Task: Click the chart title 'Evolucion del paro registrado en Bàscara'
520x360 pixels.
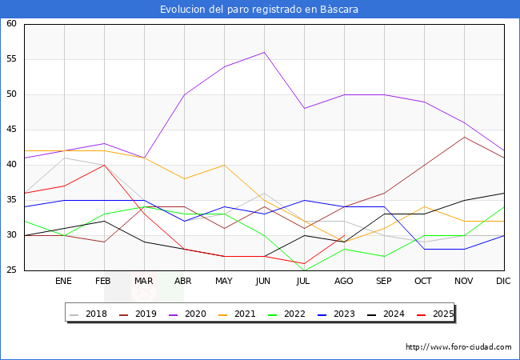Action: tap(259, 10)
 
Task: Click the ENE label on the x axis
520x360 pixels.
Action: tap(64, 282)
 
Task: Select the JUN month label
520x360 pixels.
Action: tap(264, 282)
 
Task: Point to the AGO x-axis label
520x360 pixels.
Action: tap(344, 282)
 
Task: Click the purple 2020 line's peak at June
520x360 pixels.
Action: tap(264, 52)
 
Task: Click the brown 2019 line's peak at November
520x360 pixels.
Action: tap(464, 137)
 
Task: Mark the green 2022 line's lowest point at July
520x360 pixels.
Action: tap(304, 270)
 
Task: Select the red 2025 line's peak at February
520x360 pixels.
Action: tap(104, 165)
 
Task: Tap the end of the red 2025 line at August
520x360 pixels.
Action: tap(344, 235)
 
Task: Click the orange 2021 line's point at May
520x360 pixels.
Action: tap(224, 165)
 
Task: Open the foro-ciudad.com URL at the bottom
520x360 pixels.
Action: tap(458, 347)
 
